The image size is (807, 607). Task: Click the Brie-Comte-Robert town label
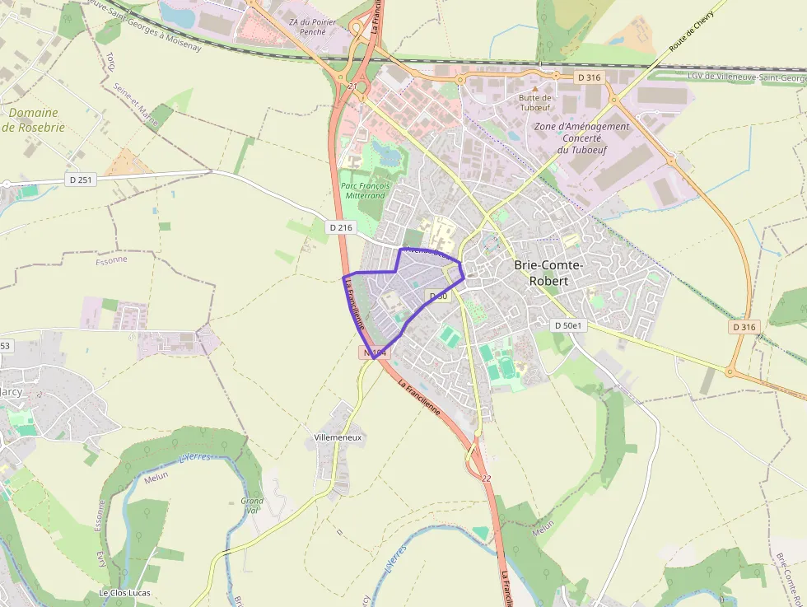548,273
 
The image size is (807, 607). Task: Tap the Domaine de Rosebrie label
33,120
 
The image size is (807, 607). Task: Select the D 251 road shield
80,179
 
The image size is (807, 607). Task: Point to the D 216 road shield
340,226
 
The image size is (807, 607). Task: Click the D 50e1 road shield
568,325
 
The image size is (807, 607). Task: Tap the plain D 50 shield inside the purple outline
437,296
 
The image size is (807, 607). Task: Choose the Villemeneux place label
338,437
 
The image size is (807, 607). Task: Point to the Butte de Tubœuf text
535,102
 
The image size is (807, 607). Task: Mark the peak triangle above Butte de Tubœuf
534,87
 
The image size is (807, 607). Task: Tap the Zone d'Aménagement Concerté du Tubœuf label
581,138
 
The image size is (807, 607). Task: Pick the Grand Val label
252,506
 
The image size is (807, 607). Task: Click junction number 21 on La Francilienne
352,86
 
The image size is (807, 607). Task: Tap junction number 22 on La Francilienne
487,479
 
